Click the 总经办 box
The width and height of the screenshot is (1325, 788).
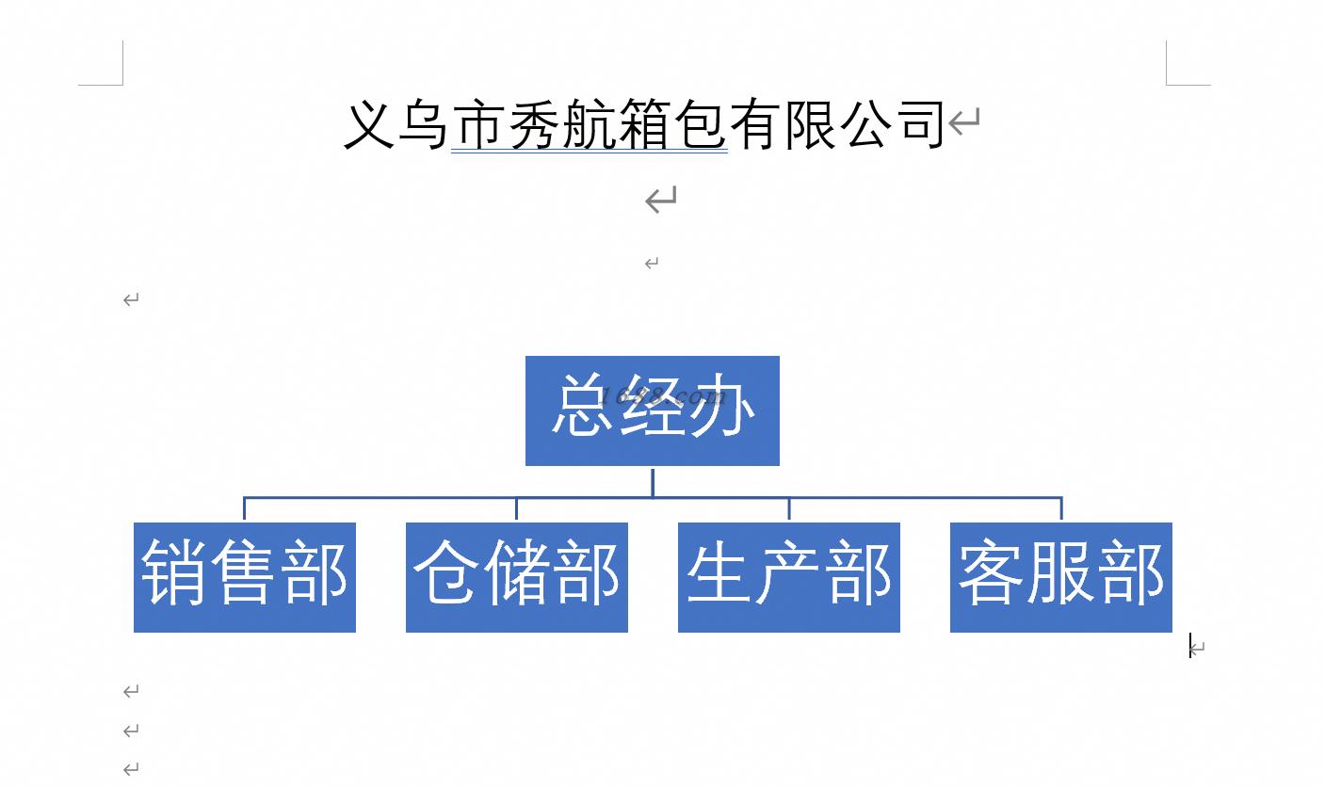(653, 410)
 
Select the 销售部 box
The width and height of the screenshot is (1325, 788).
(245, 577)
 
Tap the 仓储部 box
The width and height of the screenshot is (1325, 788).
(517, 577)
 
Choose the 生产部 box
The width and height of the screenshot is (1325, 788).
(789, 577)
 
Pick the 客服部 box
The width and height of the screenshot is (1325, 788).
(1061, 577)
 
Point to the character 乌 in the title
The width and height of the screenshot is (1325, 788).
(424, 124)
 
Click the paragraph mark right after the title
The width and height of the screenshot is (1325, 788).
(964, 121)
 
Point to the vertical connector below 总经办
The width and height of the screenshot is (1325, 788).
(653, 482)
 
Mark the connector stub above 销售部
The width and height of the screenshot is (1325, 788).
(244, 508)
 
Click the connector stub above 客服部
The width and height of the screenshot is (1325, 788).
(1061, 508)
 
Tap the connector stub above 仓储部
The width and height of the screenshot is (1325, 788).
(516, 508)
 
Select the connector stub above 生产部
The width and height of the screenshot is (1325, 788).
(789, 508)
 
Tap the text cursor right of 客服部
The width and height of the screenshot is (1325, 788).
(1190, 645)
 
